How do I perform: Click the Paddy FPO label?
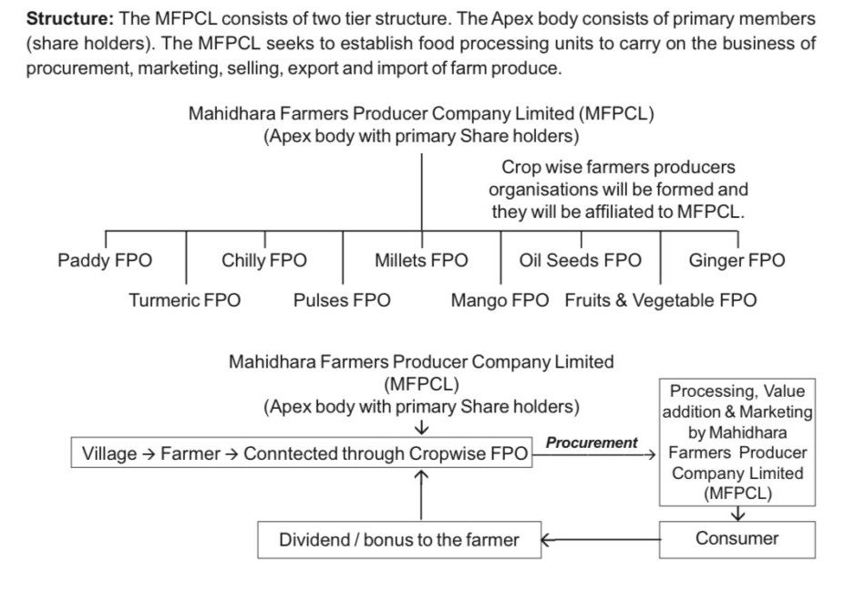point(105,260)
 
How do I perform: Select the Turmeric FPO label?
point(185,300)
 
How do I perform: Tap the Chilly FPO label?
point(264,260)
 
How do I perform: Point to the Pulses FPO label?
point(342,300)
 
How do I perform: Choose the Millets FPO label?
point(421,260)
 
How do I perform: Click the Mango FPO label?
point(500,300)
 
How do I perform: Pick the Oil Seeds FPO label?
point(580,260)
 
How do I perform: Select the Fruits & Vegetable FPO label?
point(661,300)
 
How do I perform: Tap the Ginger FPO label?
point(737,260)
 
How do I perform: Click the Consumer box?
point(737,539)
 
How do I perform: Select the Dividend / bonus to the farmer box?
point(399,539)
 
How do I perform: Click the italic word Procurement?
point(592,443)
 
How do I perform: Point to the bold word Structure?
point(70,18)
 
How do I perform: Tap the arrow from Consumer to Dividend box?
point(600,539)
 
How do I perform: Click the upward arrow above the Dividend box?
point(421,495)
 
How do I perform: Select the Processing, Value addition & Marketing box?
point(737,442)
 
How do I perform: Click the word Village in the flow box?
point(109,453)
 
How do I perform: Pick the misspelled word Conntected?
point(289,453)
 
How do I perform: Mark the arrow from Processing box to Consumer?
point(737,514)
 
